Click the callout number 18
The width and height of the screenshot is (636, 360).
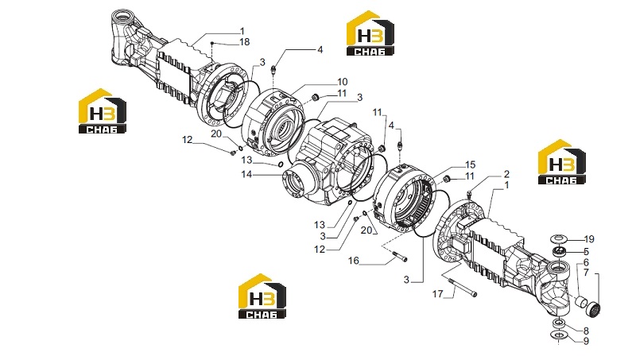(x=244, y=42)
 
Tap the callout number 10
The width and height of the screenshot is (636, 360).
(x=343, y=82)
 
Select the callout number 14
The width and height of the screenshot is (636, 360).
(x=246, y=174)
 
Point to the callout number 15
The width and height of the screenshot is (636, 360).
(x=470, y=165)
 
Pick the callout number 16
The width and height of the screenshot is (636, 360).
(x=354, y=261)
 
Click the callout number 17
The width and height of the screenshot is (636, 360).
(x=437, y=293)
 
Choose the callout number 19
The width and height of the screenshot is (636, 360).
(x=589, y=239)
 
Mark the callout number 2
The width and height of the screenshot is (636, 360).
(x=506, y=174)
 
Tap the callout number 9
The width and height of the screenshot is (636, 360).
(x=586, y=342)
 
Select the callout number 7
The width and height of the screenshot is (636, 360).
(x=586, y=273)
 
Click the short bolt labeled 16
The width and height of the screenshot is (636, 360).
(x=400, y=256)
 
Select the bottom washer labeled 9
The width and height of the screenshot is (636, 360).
(x=559, y=335)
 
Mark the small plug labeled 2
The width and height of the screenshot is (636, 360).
(x=470, y=193)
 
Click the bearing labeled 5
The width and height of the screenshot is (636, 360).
(x=560, y=251)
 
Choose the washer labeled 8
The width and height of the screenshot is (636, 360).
(x=559, y=323)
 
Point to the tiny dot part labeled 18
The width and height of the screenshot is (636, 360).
(x=211, y=43)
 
